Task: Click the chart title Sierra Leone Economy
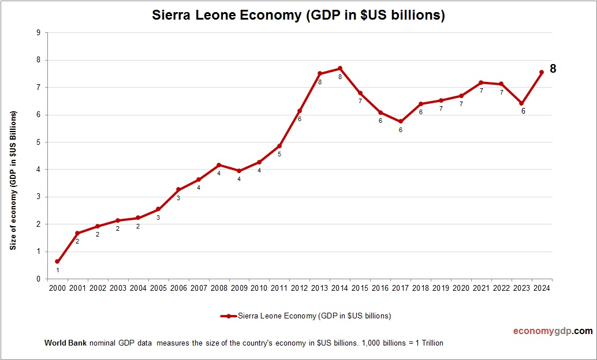[298, 16]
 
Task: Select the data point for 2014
[339, 68]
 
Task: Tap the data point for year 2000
[57, 261]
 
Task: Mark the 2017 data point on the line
[400, 121]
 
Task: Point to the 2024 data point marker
[541, 72]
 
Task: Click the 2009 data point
[239, 171]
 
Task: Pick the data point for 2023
[521, 103]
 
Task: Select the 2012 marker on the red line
[299, 111]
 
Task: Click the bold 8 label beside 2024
[553, 69]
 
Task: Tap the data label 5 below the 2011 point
[279, 154]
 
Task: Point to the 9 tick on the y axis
[38, 33]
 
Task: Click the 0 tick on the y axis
[38, 279]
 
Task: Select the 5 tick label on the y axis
[38, 142]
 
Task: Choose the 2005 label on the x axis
[158, 288]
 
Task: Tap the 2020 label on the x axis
[461, 288]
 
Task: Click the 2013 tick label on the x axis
[319, 288]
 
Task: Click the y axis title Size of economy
[13, 180]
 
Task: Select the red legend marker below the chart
[228, 316]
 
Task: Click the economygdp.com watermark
[553, 331]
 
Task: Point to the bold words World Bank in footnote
[65, 343]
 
